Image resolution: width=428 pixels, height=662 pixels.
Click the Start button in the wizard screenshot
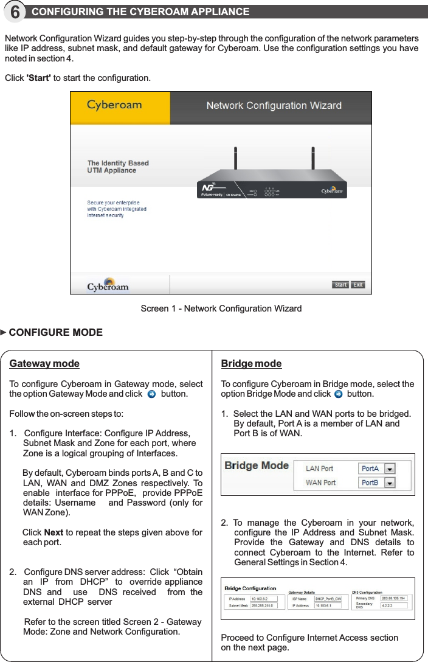pos(340,285)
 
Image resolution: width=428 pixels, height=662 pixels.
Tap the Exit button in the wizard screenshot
pos(358,285)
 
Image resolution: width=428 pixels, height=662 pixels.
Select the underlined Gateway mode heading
pos(44,364)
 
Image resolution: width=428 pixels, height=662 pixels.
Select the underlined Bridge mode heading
pos(251,364)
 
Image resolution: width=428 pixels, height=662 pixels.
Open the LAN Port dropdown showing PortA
pos(390,469)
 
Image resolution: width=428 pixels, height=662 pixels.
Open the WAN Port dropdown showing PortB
pos(390,483)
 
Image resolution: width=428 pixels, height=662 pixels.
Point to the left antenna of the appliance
pos(234,162)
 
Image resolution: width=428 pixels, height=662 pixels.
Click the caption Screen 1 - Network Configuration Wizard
pos(221,308)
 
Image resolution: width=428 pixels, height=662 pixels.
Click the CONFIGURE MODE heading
pos(55,333)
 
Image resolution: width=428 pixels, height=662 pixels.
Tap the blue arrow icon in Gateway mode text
pos(152,394)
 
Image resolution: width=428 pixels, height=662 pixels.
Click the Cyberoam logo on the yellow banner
pos(114,105)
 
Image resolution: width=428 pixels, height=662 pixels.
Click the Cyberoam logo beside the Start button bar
pos(108,285)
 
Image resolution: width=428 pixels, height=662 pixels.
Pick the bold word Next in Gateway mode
pos(54,533)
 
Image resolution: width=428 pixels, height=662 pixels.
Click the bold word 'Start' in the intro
pos(38,78)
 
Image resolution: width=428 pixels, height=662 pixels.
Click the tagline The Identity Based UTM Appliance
pos(118,167)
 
